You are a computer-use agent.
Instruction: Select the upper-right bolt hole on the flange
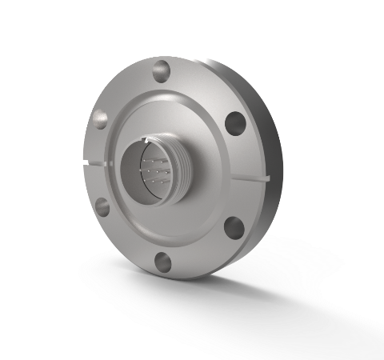tap(234, 122)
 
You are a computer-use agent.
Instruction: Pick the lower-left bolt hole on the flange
tap(103, 207)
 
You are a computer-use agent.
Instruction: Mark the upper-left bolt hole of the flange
tap(100, 118)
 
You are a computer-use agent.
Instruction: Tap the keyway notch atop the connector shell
tap(146, 141)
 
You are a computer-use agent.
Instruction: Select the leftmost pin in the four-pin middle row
tap(140, 170)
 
